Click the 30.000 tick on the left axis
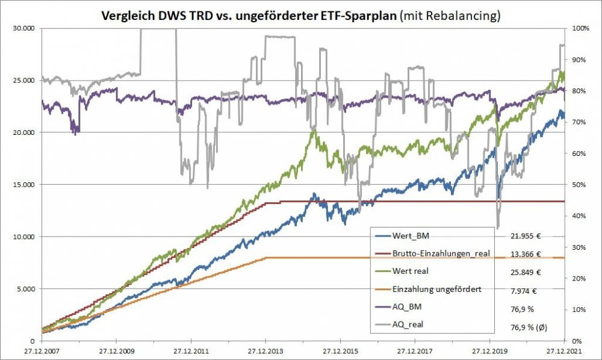coord(24,28)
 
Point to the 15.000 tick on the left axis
coord(24,184)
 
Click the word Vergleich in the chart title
coord(129,16)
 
